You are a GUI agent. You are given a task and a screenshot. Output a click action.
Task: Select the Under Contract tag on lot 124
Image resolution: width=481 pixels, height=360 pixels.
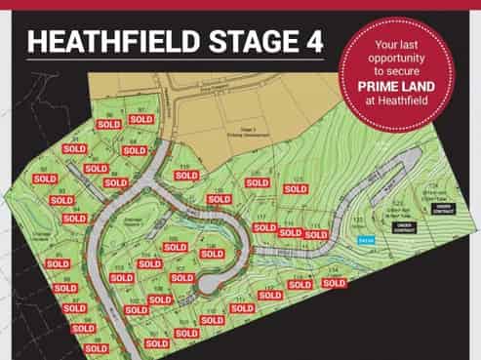tap(444, 207)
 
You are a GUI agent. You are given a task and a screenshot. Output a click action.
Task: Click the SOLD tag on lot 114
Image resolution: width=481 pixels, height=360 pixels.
tap(334, 283)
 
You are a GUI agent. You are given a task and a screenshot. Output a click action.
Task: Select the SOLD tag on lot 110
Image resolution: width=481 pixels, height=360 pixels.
tap(186, 176)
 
